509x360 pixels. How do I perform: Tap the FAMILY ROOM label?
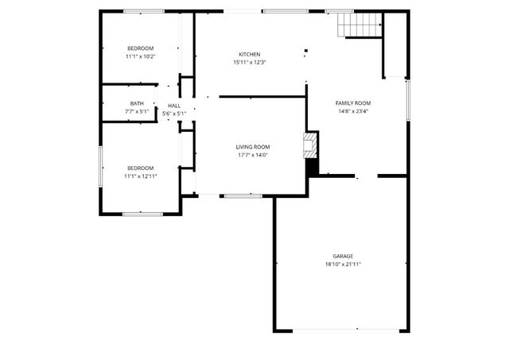click(353, 103)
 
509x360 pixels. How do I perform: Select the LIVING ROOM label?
click(252, 147)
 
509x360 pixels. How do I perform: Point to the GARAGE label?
click(343, 256)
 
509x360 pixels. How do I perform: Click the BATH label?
click(137, 103)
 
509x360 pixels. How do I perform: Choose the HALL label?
click(174, 106)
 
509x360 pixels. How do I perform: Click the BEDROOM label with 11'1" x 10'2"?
click(140, 48)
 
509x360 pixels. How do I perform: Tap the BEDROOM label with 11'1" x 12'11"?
click(140, 168)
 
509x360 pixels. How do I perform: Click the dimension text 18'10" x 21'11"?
click(343, 264)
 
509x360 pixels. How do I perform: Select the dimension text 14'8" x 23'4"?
click(353, 112)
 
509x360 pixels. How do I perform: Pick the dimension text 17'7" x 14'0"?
click(252, 155)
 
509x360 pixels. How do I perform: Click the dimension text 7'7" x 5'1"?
click(137, 112)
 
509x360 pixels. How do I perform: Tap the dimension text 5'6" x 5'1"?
click(174, 114)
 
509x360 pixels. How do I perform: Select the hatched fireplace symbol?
click(311, 145)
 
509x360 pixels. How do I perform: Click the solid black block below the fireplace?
click(312, 168)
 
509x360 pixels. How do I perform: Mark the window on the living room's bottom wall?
click(242, 195)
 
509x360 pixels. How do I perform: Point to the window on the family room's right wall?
click(408, 103)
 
